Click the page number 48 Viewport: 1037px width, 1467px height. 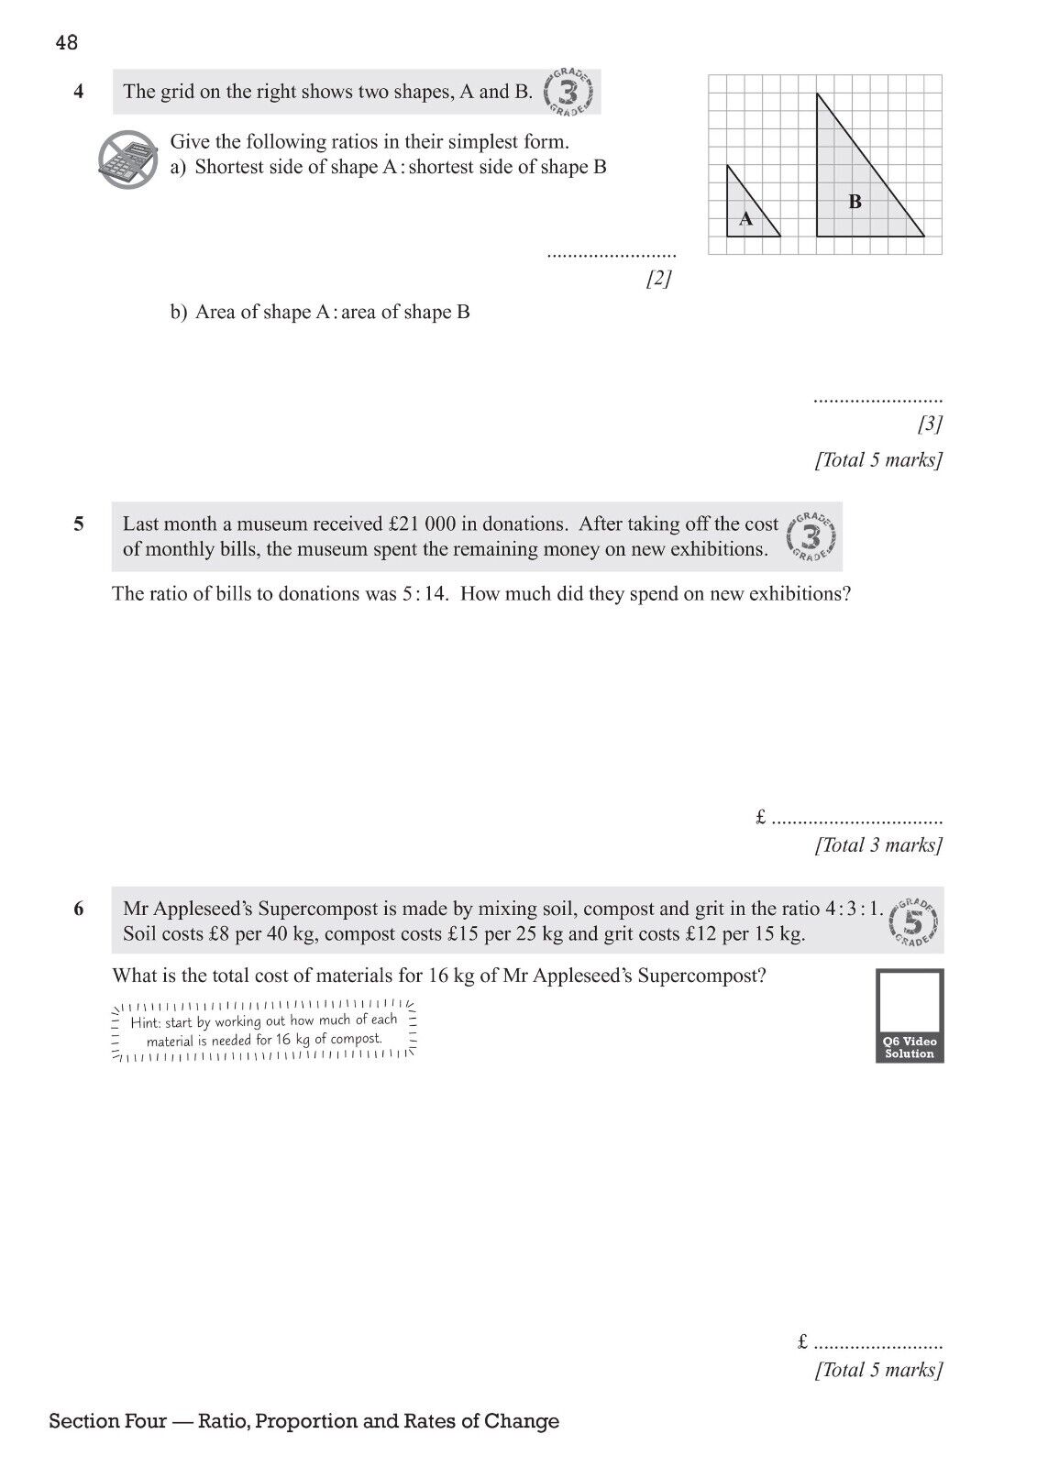[x=66, y=42]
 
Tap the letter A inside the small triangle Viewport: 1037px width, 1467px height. [x=745, y=219]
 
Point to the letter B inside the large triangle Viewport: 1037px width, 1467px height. [x=855, y=202]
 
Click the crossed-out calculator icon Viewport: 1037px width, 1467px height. [x=127, y=160]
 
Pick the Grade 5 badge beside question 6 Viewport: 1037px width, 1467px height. [x=913, y=921]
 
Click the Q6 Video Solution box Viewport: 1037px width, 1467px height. [x=910, y=1015]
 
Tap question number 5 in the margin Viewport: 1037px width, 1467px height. [x=79, y=524]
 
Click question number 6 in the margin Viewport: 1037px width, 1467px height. [x=79, y=910]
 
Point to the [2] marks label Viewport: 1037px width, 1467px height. [x=658, y=279]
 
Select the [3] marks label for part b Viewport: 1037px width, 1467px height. [x=929, y=424]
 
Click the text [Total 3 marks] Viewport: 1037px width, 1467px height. [x=878, y=845]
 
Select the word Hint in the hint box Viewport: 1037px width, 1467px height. [x=145, y=1022]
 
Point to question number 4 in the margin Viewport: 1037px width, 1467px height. [x=79, y=92]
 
